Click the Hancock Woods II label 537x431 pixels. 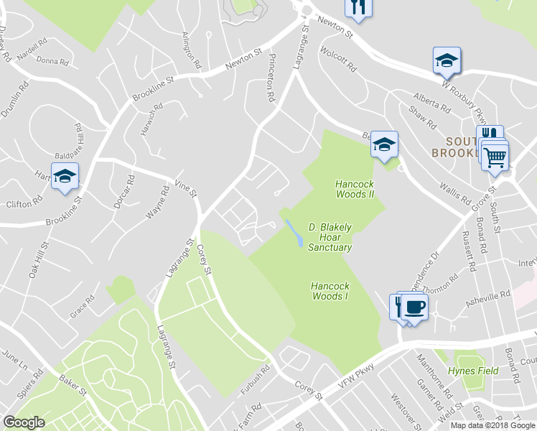(x=355, y=189)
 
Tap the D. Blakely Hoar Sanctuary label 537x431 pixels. (x=330, y=237)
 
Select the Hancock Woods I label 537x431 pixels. (x=330, y=291)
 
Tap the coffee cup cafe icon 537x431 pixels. (x=415, y=308)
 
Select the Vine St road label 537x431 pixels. (x=185, y=188)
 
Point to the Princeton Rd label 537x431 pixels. (x=271, y=77)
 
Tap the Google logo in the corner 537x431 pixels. (x=24, y=422)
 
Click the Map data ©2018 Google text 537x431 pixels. (x=492, y=425)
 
